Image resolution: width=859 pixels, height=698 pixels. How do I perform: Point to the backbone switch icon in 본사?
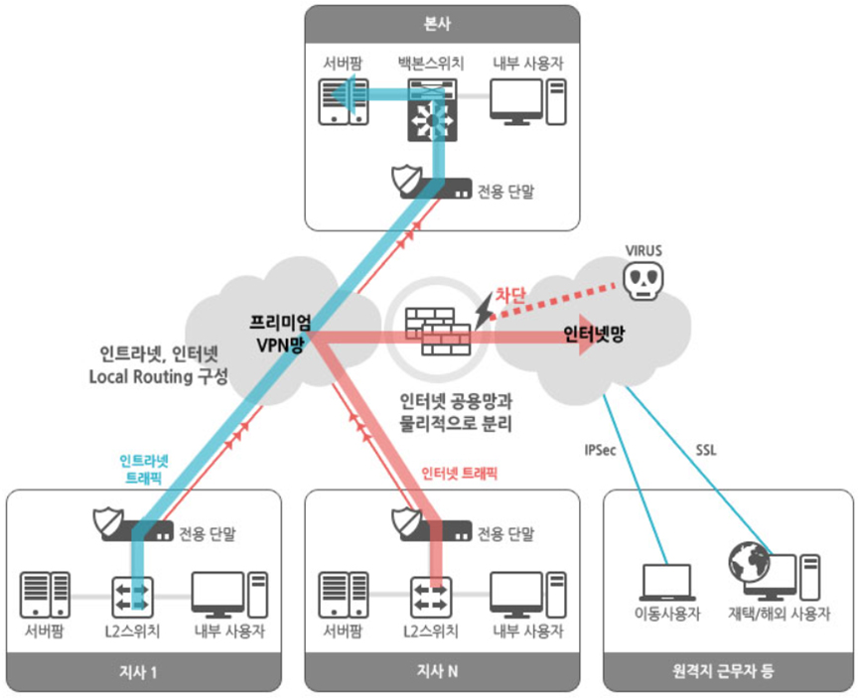click(431, 111)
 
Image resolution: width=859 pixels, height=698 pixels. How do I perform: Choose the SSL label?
click(706, 450)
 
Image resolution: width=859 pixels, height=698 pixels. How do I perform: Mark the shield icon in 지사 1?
click(106, 521)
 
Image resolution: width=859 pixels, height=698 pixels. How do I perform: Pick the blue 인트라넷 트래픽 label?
click(144, 469)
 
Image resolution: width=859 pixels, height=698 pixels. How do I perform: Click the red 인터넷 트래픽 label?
click(460, 474)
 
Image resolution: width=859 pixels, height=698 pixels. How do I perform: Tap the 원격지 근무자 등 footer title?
click(729, 672)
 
